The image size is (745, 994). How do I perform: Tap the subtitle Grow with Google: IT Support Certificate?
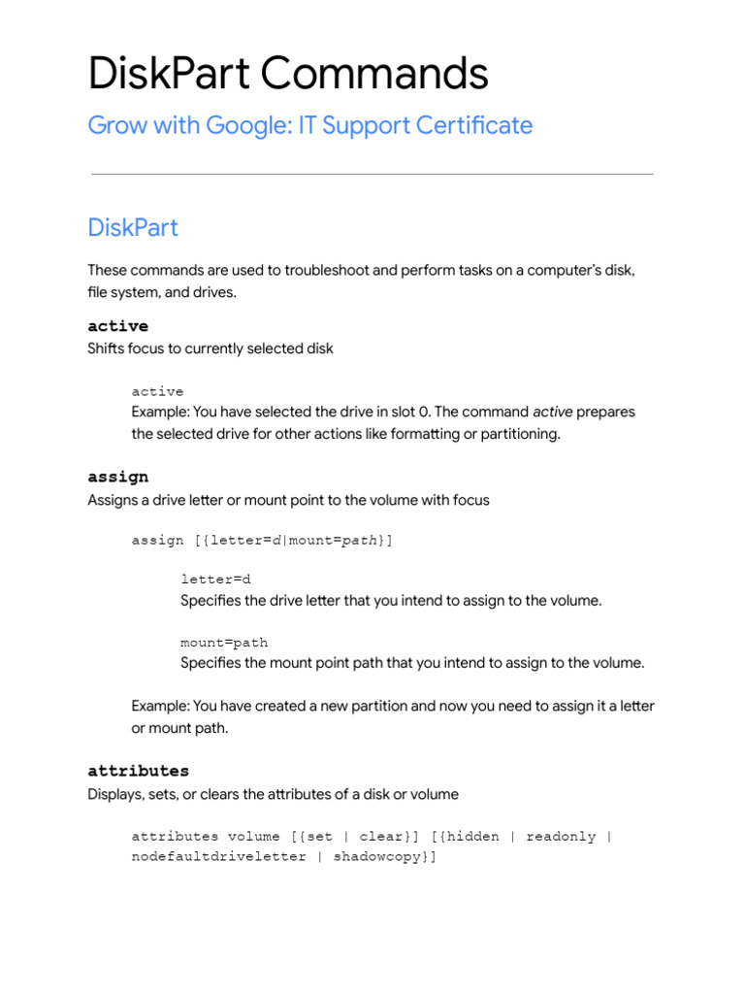point(309,125)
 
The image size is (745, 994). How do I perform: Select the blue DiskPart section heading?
point(133,228)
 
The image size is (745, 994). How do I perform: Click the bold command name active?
point(117,325)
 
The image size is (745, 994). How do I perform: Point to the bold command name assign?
point(117,477)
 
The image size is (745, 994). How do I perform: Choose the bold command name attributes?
point(138,771)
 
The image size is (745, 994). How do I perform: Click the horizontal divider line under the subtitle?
point(372,175)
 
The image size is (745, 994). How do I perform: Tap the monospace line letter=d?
point(215,580)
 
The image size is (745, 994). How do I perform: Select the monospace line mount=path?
point(224,643)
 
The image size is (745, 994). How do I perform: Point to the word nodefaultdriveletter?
point(219,857)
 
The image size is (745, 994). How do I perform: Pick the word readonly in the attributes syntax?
point(561,836)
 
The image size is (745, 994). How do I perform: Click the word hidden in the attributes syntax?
point(476,836)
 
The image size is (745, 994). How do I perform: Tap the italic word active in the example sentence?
point(553,412)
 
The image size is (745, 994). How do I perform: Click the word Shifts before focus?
point(106,348)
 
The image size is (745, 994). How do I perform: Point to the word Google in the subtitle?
point(257,125)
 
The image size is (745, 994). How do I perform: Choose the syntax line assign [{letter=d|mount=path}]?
point(262,540)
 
